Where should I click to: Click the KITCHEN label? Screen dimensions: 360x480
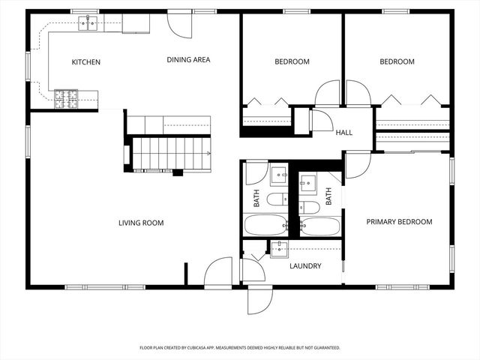(x=85, y=62)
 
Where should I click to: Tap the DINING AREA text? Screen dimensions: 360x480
(x=187, y=60)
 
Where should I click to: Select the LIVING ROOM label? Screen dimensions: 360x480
(x=141, y=223)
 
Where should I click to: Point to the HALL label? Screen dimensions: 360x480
(x=344, y=133)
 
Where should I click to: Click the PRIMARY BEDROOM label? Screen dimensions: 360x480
(x=399, y=222)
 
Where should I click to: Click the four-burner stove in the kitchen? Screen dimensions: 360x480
(x=66, y=97)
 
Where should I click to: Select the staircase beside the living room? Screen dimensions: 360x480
(x=169, y=153)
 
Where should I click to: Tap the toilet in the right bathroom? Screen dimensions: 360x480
(x=308, y=207)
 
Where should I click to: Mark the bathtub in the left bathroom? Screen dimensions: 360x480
(x=265, y=225)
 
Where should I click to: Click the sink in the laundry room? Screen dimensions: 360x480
(x=280, y=249)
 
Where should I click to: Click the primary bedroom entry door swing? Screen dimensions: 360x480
(x=357, y=163)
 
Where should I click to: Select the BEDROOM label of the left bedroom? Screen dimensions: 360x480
(x=292, y=62)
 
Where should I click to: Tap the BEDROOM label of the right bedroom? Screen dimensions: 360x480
(x=397, y=62)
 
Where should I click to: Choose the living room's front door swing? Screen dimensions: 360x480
(x=220, y=271)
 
